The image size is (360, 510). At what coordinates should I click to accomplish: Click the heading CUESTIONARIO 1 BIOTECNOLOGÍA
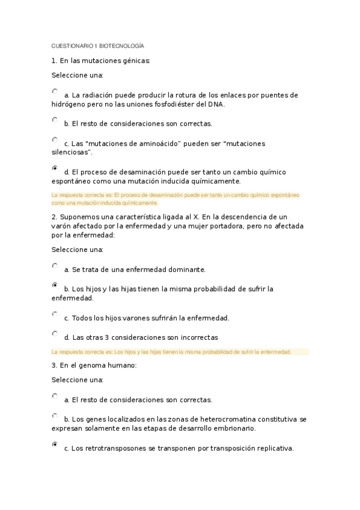pos(97,46)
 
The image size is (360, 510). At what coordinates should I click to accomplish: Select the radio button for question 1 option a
pos(55,92)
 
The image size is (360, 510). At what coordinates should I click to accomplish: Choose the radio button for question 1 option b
pos(55,120)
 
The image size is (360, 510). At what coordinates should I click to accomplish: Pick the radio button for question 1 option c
pos(55,140)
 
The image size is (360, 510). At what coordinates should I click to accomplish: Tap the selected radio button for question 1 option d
pos(55,168)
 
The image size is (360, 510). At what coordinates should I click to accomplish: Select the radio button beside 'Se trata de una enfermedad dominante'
pos(55,266)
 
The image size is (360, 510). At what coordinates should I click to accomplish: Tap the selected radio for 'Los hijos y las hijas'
pos(55,285)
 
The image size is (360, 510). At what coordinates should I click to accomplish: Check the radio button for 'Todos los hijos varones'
pos(55,314)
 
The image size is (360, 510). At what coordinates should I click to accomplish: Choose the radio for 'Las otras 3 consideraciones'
pos(55,334)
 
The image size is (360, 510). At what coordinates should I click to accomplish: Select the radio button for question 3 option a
pos(55,396)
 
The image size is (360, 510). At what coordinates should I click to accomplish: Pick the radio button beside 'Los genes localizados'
pos(55,416)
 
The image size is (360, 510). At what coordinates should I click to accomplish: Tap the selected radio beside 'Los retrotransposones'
pos(55,444)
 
